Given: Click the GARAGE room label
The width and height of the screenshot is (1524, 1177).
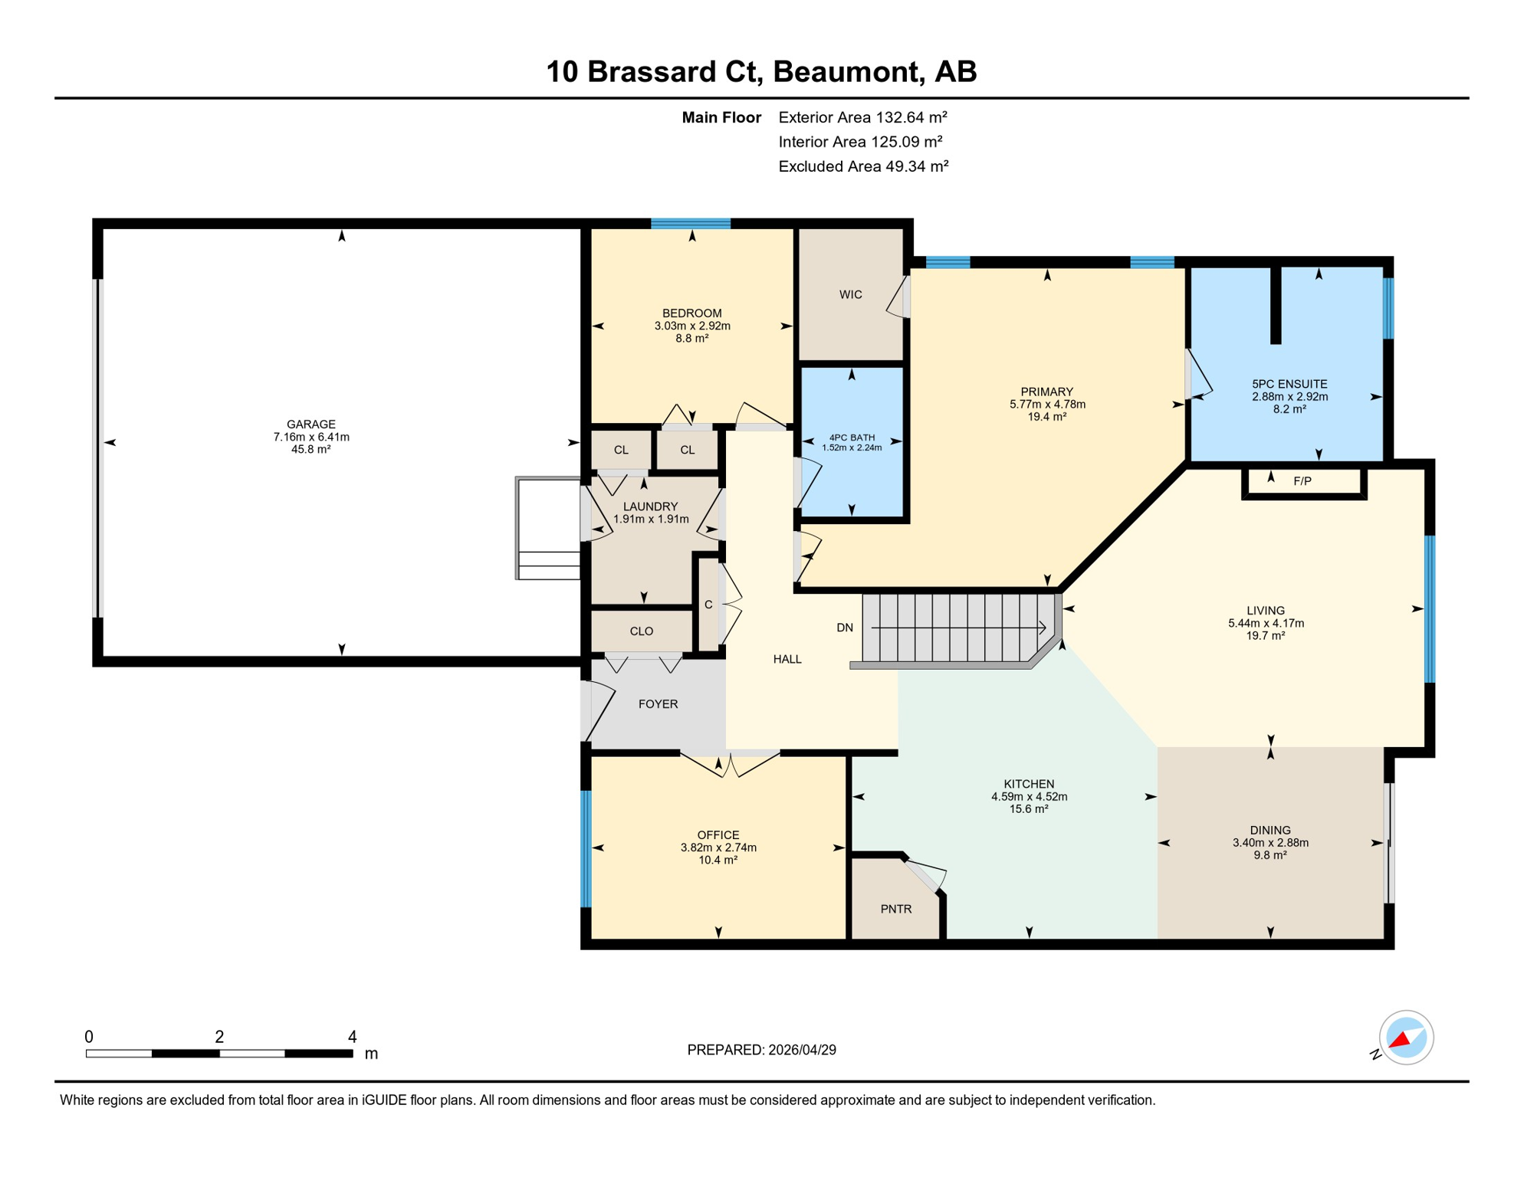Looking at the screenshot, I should tap(310, 424).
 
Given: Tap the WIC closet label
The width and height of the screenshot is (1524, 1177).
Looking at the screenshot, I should tap(850, 294).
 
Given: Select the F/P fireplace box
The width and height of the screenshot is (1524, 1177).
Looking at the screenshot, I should tap(1302, 481).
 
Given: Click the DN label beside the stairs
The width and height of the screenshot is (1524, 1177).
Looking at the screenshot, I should tap(844, 628).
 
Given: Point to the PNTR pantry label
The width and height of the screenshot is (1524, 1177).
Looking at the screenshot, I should tap(895, 909).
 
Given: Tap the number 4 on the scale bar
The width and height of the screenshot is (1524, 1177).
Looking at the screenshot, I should tap(352, 1037).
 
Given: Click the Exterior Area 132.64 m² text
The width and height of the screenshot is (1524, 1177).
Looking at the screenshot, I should tap(862, 117).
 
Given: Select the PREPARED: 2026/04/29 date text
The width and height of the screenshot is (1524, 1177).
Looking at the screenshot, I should tap(761, 1050).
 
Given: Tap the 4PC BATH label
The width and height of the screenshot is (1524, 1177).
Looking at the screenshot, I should tap(852, 438).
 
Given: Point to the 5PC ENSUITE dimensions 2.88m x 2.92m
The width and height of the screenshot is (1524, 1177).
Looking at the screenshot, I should tap(1289, 397).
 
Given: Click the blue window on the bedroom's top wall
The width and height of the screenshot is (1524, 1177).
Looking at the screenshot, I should tap(691, 224).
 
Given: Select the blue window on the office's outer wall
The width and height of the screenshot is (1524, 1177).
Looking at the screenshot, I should tap(586, 849).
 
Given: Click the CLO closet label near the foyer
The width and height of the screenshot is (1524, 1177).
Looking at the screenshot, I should tap(641, 631).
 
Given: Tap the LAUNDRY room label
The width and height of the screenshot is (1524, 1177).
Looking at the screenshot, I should tap(650, 507).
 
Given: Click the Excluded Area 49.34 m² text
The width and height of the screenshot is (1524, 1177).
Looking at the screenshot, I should tap(863, 166).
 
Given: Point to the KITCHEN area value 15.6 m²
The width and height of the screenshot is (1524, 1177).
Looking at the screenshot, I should tap(1028, 809).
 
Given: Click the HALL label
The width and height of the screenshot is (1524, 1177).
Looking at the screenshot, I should tap(787, 659).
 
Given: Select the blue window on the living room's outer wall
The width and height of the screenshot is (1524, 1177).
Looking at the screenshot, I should tap(1429, 609).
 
